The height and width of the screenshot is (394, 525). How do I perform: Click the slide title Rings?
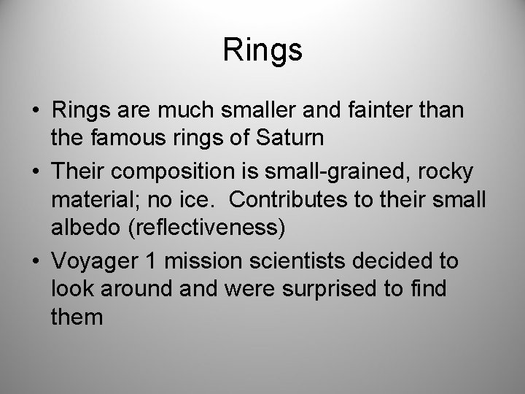(262, 50)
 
